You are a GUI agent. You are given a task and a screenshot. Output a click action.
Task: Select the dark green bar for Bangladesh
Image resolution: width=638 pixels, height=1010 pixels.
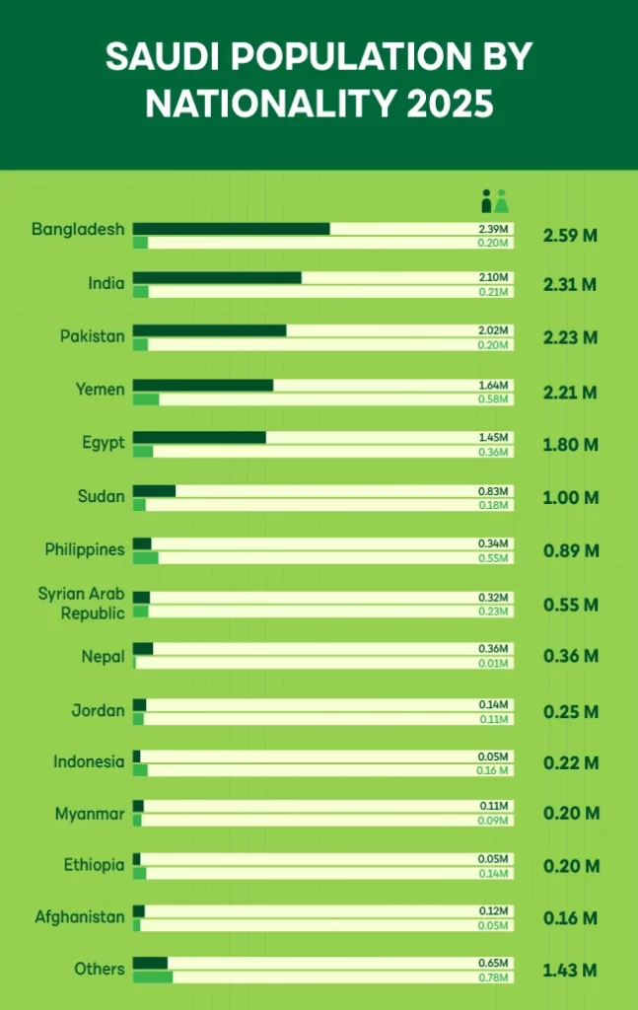pos(231,229)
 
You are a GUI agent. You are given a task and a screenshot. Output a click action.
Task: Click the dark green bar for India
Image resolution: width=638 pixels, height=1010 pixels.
pos(217,278)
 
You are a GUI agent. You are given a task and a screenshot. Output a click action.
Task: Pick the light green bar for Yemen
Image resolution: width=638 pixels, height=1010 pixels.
pos(146,399)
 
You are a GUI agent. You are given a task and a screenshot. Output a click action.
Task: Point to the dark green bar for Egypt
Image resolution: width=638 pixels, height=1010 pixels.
pos(199,437)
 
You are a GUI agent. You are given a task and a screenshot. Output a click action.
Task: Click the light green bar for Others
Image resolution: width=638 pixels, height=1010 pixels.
pos(153,977)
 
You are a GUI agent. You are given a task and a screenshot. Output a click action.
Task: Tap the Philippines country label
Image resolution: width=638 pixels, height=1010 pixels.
pos(85,549)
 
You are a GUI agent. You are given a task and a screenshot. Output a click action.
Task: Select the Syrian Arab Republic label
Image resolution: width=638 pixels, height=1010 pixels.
pos(82,603)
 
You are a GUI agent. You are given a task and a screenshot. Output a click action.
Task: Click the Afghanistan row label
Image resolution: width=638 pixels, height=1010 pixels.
pos(80,917)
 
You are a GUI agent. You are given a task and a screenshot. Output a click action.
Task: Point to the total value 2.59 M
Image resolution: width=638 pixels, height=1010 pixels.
pos(570,237)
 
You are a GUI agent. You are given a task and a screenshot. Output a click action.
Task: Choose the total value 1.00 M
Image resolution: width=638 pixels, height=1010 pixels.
pos(570,498)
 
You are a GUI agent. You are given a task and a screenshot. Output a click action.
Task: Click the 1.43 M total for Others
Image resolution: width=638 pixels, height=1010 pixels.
pos(570,971)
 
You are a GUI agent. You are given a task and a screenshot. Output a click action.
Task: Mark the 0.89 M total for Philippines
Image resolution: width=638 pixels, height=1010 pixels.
pos(570,550)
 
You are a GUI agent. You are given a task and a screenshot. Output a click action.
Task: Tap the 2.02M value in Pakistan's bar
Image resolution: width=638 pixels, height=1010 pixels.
pos(494,330)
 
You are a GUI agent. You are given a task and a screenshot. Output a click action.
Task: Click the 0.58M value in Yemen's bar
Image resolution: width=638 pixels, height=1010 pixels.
pos(494,399)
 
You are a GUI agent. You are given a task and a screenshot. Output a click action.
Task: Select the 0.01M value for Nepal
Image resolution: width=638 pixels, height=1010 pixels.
pos(494,663)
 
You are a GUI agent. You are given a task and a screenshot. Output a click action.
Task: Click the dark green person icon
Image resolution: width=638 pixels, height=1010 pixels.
pos(486,201)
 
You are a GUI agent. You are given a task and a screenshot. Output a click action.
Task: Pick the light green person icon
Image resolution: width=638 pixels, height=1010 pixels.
pos(502,201)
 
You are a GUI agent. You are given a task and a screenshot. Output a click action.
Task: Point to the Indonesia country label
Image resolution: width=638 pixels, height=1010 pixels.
pos(89,761)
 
